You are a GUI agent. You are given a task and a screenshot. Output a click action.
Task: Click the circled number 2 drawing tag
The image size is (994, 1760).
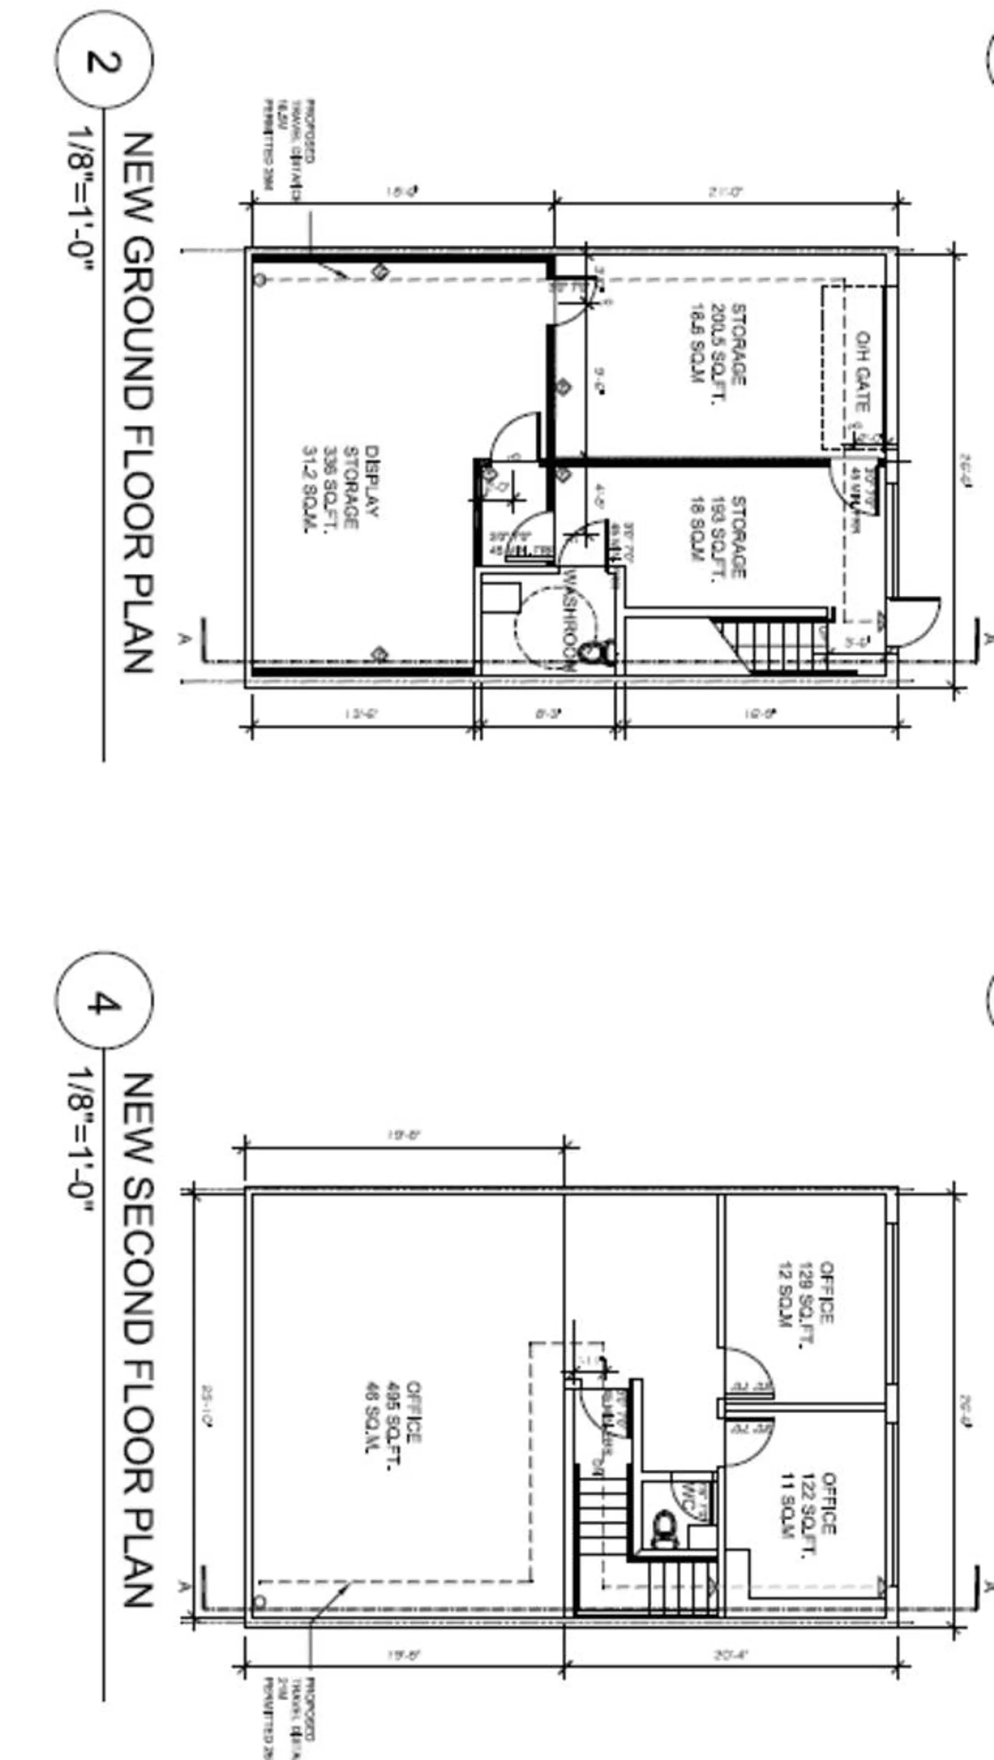coord(104,60)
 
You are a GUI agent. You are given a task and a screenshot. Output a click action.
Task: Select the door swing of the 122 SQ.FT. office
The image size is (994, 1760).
coord(747,1442)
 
